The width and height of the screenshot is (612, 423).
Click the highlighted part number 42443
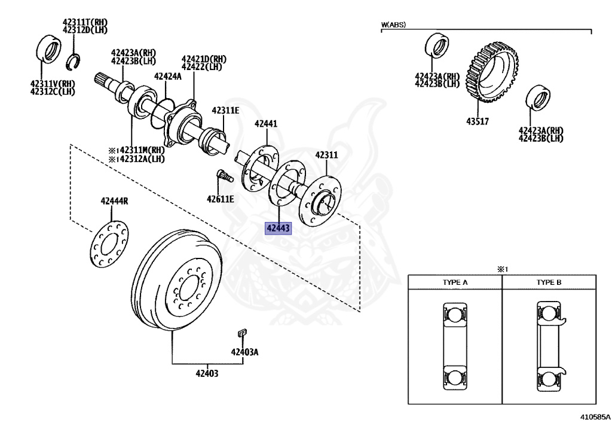(279, 228)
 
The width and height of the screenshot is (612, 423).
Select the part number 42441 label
(266, 124)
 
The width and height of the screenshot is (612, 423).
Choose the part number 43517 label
(478, 121)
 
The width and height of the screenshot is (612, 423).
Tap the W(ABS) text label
(393, 25)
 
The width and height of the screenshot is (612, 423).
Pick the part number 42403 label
(207, 374)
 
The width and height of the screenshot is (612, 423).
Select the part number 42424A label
(167, 77)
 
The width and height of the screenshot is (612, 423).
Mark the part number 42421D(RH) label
(204, 59)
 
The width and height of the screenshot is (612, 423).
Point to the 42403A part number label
(245, 352)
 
